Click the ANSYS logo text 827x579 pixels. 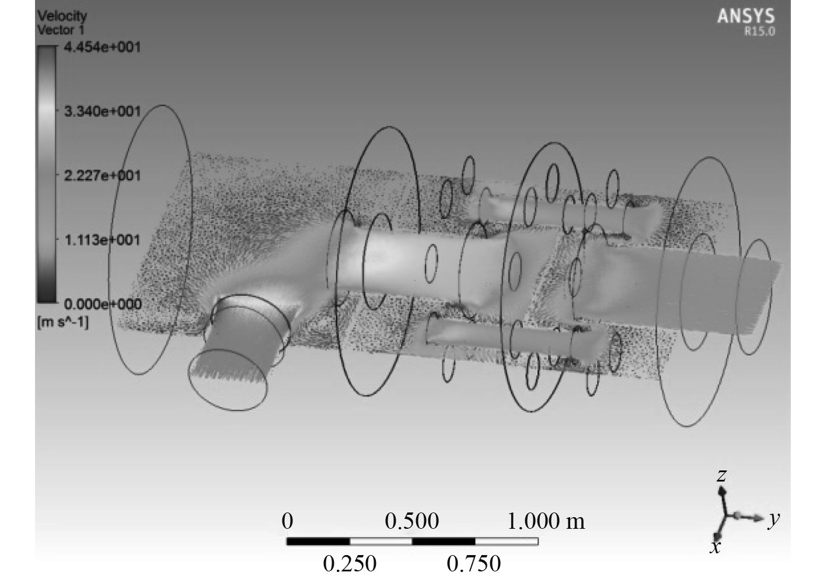[x=746, y=16]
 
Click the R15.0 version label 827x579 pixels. [x=759, y=32]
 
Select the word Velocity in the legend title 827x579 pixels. [x=62, y=16]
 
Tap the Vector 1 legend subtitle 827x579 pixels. [x=61, y=30]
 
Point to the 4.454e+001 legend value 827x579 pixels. [x=102, y=47]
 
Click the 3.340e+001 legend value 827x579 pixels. [x=102, y=111]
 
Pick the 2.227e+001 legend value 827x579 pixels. [x=102, y=176]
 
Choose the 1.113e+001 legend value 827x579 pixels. [x=102, y=240]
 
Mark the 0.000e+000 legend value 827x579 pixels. [x=103, y=304]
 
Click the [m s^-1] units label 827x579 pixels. [x=63, y=322]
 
